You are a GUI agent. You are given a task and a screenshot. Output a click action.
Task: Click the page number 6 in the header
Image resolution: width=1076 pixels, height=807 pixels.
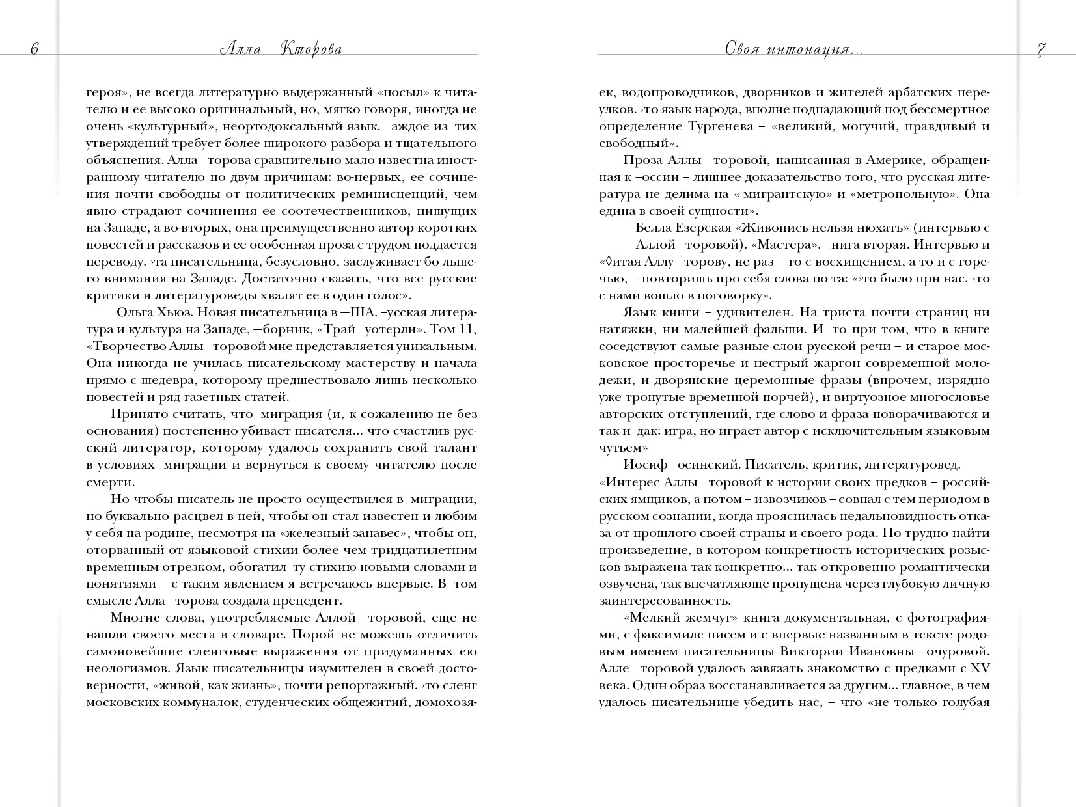coord(34,50)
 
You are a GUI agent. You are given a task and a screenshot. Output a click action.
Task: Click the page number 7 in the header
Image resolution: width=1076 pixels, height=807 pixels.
coord(1041,50)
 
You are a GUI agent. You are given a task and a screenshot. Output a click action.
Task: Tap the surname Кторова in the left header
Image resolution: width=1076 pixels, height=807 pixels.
coord(310,50)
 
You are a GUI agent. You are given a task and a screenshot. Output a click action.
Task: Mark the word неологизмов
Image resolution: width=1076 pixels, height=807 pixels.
coord(126,668)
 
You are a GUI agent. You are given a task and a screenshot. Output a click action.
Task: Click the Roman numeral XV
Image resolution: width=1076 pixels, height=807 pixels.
coord(980,668)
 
